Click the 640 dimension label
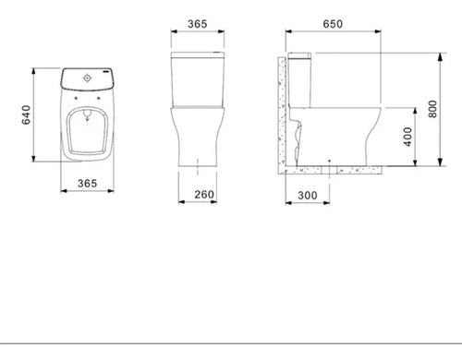[26, 114]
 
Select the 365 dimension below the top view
[87, 184]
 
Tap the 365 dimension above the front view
[198, 24]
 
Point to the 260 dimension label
[204, 195]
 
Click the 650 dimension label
[333, 24]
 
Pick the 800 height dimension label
[432, 109]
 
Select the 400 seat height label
[407, 137]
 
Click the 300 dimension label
[308, 196]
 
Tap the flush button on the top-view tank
[88, 78]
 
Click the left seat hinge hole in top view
[76, 98]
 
